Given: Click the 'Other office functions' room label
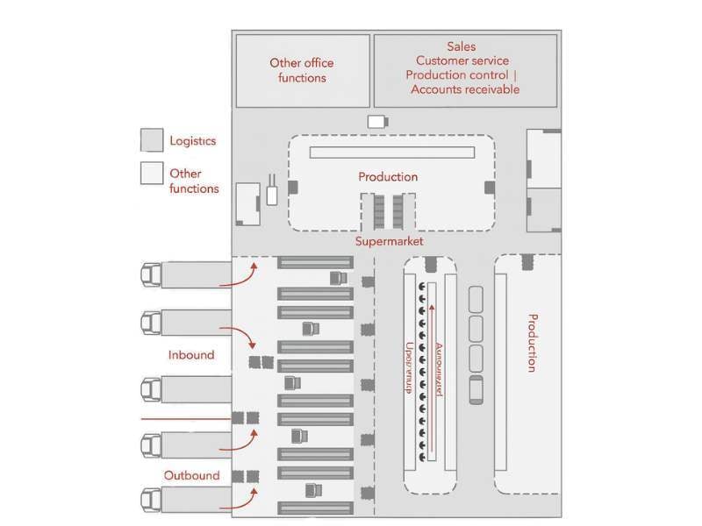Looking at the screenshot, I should click(x=302, y=70).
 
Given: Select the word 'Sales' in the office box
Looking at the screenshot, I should click(x=462, y=46).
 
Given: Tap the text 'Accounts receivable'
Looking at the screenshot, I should click(x=465, y=89).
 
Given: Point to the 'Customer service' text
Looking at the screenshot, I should click(x=462, y=60).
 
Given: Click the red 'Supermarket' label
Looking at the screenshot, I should click(x=389, y=241).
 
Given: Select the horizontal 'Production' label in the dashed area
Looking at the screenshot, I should click(x=388, y=177).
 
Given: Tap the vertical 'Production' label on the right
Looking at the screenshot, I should click(x=531, y=342).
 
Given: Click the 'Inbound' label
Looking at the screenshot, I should click(x=191, y=355).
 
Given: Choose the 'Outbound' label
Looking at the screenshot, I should click(x=191, y=475).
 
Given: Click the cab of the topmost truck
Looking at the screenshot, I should click(x=151, y=275).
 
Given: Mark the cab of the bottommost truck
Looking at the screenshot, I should click(x=151, y=501).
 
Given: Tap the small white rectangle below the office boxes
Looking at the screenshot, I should click(x=376, y=122).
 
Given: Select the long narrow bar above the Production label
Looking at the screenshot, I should click(x=391, y=153).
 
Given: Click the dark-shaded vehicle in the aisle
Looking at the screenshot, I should click(x=476, y=389).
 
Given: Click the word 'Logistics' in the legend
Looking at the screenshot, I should click(x=192, y=140).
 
